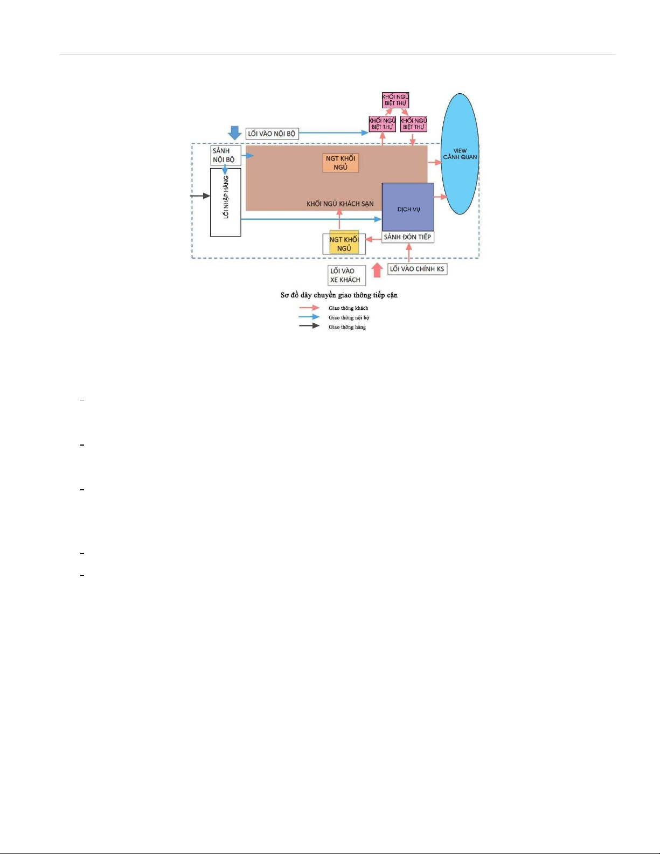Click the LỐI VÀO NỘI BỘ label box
click(272, 134)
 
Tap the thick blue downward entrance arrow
click(235, 133)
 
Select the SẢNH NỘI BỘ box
click(226, 155)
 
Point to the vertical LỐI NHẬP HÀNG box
click(226, 203)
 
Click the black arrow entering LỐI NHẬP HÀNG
click(200, 196)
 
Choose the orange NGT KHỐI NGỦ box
click(341, 163)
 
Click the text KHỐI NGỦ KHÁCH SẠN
click(340, 204)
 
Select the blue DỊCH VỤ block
click(408, 207)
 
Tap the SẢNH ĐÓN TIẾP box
click(408, 237)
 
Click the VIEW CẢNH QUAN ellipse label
click(460, 154)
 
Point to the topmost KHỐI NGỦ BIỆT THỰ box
click(395, 100)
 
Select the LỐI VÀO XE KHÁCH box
click(347, 275)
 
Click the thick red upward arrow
click(377, 270)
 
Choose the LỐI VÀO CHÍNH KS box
click(417, 269)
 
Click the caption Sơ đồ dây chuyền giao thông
click(339, 295)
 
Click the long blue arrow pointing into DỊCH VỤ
click(311, 219)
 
